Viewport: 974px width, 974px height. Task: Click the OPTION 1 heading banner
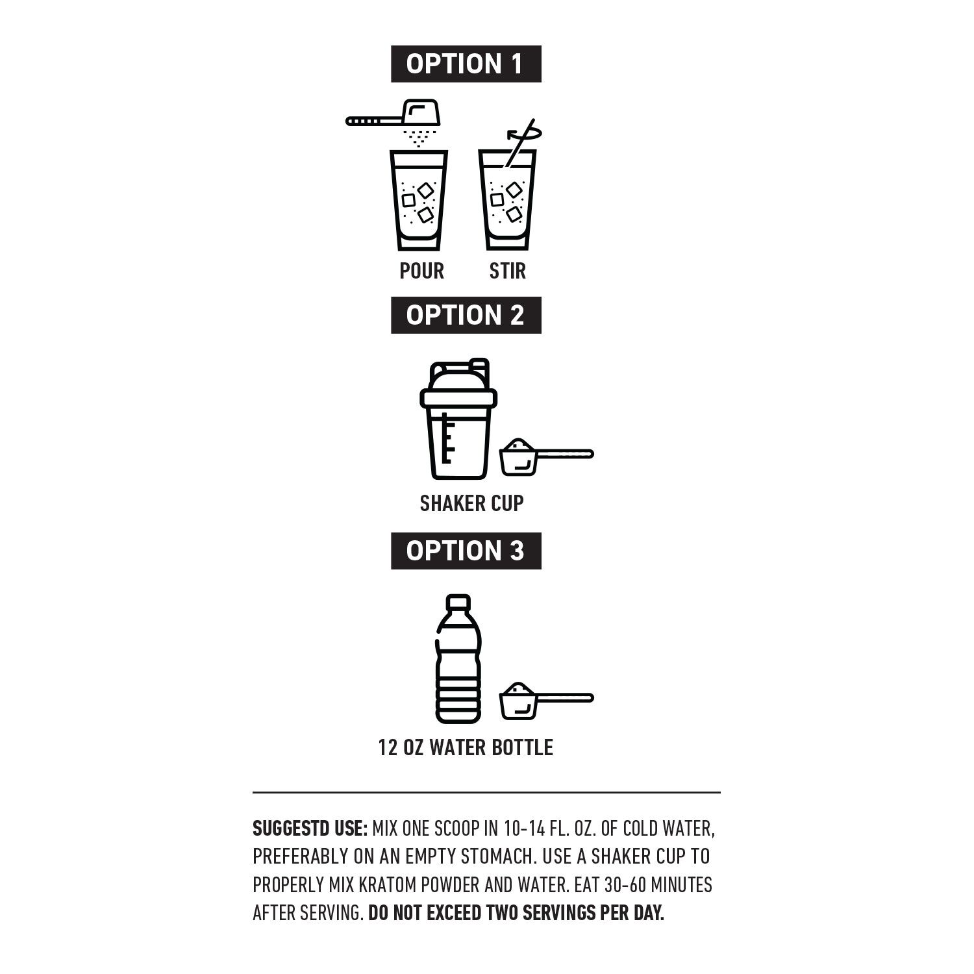466,64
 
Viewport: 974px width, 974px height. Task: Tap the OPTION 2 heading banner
466,315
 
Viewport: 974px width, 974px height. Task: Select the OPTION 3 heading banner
466,551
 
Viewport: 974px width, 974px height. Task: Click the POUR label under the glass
422,271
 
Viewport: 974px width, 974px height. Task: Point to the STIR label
507,271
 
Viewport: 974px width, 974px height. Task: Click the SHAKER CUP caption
471,503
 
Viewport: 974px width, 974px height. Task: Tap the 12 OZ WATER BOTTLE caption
466,747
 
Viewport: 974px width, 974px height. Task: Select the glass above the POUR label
419,200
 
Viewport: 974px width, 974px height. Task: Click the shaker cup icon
458,419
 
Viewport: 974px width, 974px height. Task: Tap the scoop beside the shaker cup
546,456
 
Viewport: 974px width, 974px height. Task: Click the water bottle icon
458,659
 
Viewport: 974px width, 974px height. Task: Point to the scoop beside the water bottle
546,701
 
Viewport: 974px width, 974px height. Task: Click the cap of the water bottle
459,602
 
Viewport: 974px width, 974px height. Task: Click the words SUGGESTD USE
310,829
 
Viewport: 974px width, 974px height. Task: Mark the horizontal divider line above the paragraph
486,793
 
